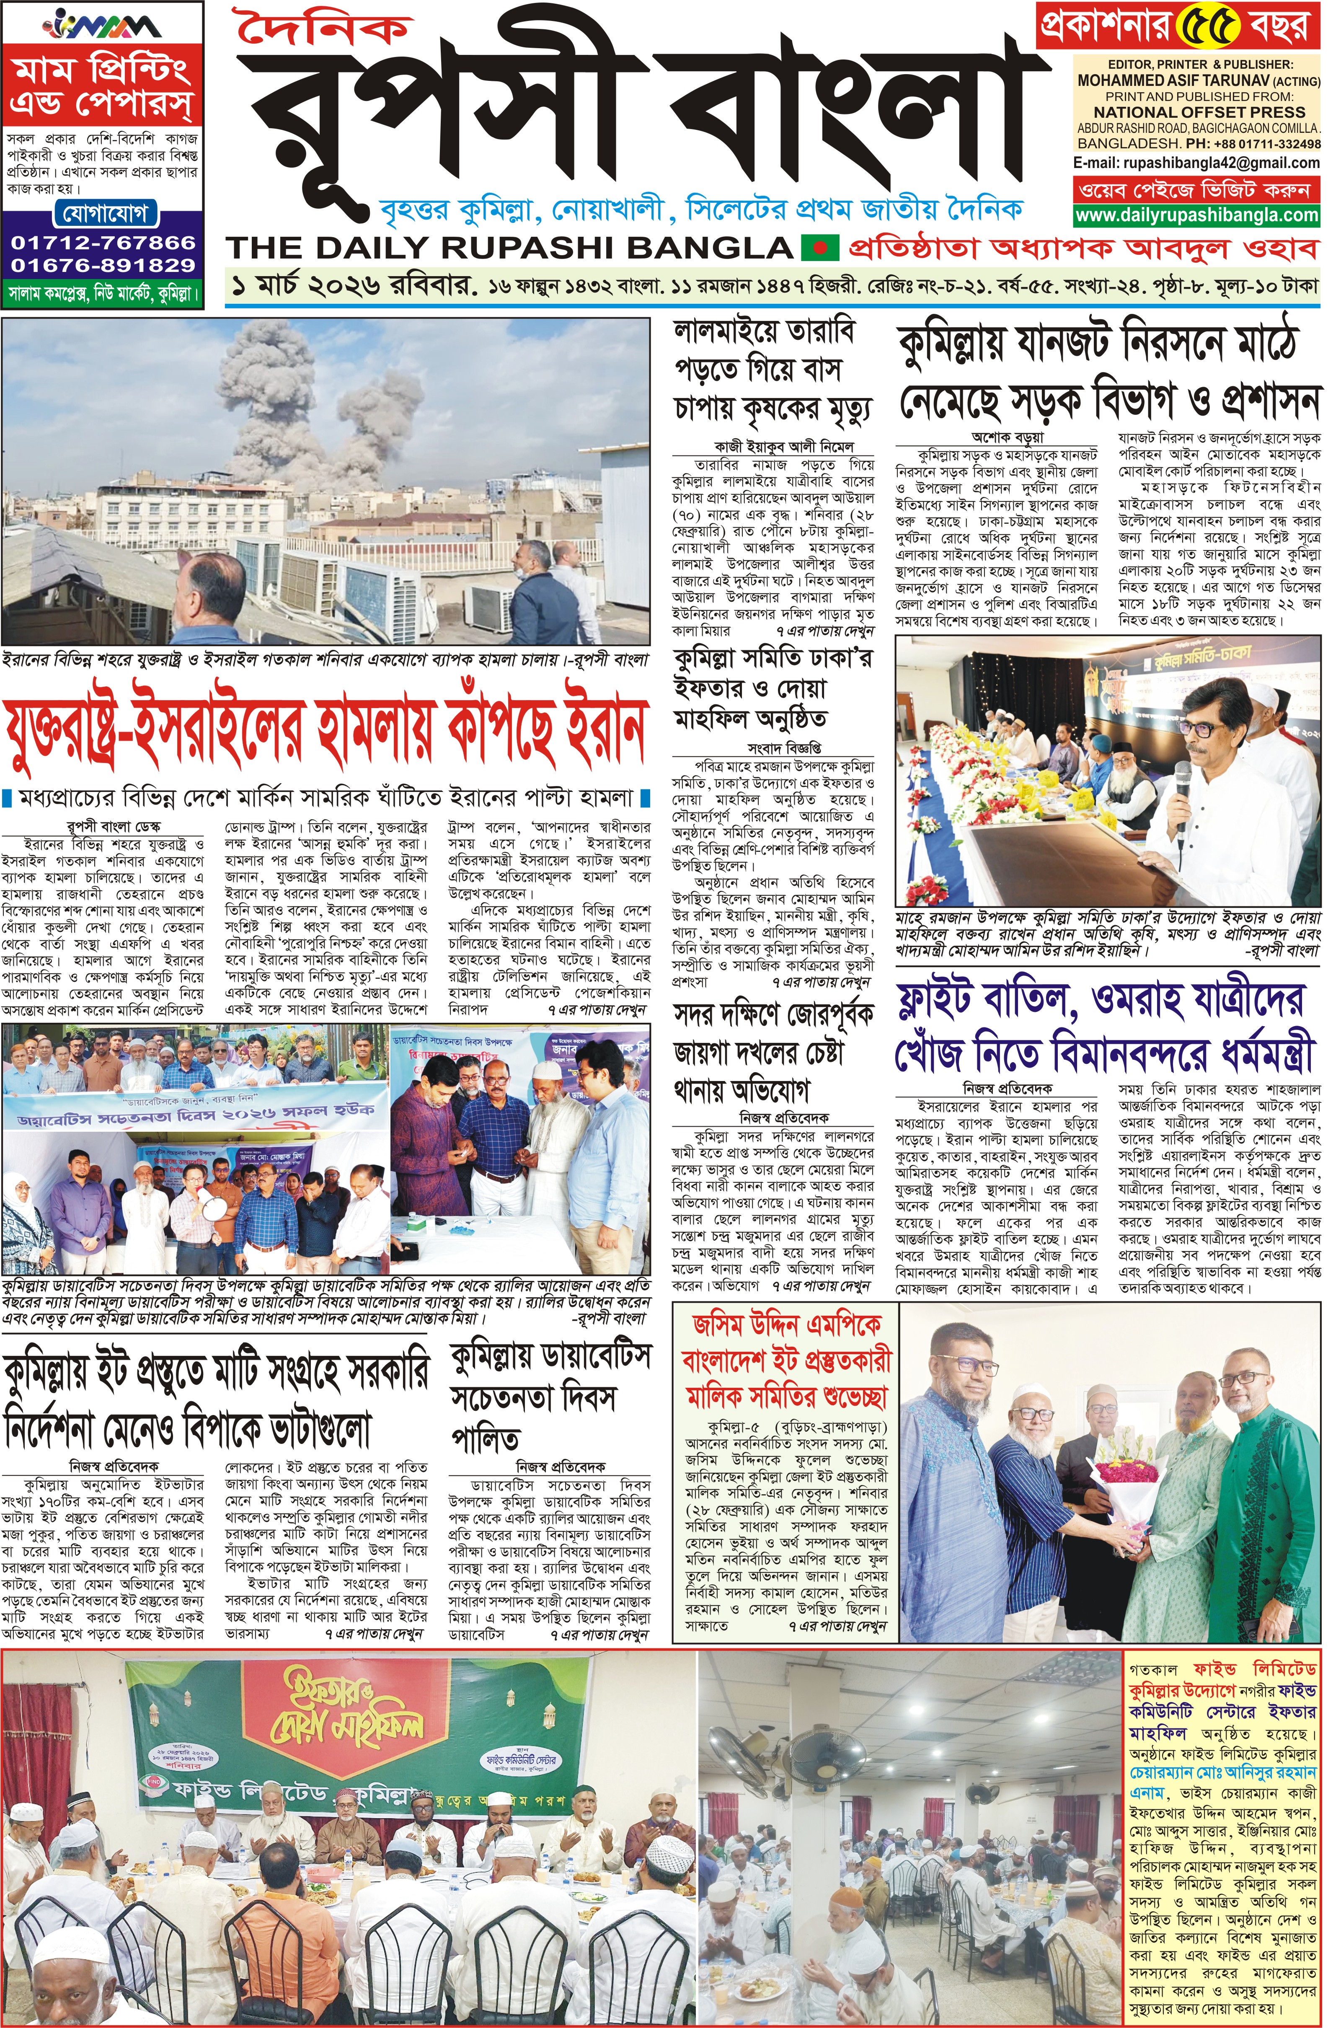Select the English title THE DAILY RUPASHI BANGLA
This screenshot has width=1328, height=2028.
click(509, 248)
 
